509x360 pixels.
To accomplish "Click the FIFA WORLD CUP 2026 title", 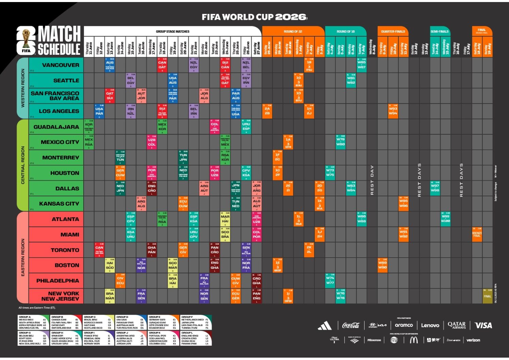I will click(254, 17).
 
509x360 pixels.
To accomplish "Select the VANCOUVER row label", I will click(61, 65).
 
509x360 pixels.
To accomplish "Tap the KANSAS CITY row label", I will click(59, 203).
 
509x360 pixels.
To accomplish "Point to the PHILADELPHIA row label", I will click(57, 281).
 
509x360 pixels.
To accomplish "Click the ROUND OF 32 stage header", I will click(293, 31).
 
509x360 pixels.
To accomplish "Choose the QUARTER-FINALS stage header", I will click(393, 31).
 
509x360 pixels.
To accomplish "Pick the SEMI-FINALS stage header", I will click(440, 31).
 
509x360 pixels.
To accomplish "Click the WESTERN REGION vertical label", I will click(23, 88).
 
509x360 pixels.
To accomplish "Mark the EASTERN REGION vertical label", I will click(23, 257).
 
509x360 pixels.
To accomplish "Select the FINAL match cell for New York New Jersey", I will click(487, 296).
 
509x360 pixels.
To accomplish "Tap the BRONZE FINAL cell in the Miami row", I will click(477, 234).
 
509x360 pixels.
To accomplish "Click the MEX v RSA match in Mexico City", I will click(89, 142).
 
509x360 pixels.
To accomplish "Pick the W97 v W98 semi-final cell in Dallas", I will click(435, 188).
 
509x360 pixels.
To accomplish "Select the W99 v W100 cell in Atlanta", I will click(445, 218).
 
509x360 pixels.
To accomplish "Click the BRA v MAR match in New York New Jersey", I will click(110, 296).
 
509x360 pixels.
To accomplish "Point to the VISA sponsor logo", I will click(483, 325).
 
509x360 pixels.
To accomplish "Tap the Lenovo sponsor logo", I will click(430, 325).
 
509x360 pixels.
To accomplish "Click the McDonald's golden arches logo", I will click(413, 340).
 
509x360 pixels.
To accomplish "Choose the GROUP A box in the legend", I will click(33, 322).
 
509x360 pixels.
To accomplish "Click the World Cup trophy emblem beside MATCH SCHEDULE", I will click(26, 40).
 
